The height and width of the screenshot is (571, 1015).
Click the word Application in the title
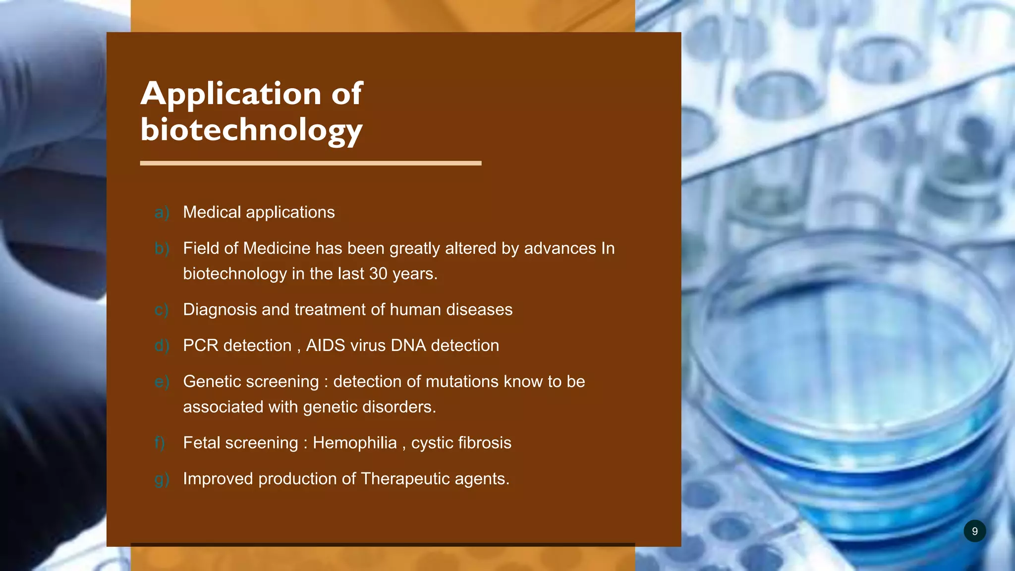[231, 94]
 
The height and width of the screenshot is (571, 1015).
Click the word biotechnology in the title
[251, 130]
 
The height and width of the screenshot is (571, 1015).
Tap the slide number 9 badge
[974, 531]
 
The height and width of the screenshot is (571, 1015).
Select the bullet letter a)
[162, 213]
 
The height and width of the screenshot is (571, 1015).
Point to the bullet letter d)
[162, 345]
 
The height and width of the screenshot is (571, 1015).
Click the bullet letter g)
[162, 479]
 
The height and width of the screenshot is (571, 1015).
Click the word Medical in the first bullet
[212, 212]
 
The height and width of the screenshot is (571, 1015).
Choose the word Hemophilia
[354, 443]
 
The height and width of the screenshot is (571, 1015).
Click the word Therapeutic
[405, 479]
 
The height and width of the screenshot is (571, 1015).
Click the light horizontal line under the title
[310, 163]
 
